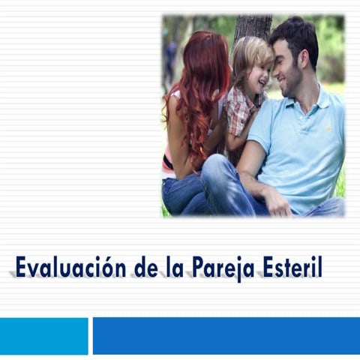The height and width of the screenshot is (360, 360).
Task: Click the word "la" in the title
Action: pos(172,268)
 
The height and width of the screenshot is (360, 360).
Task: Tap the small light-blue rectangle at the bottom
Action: pos(43,335)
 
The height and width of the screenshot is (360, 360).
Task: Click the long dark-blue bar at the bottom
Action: pos(226,335)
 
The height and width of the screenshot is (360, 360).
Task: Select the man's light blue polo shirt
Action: pos(304,150)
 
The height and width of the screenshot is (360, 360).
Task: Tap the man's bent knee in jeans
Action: pos(217,169)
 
